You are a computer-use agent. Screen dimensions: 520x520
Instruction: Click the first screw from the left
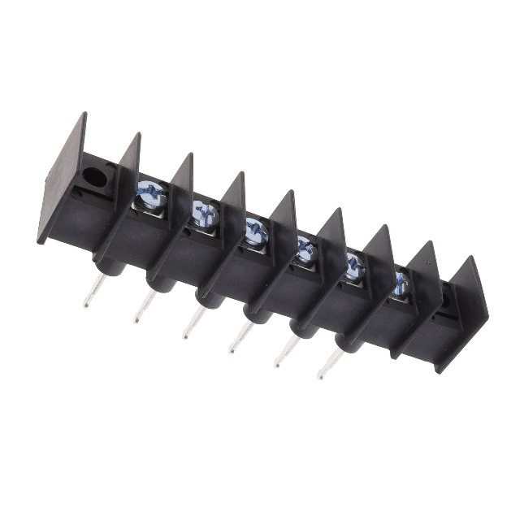pyautogui.click(x=151, y=195)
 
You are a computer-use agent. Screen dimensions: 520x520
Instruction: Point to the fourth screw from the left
pyautogui.click(x=306, y=249)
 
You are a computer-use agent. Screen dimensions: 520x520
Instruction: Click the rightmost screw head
pyautogui.click(x=401, y=284)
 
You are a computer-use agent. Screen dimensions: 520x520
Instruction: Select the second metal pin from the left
pyautogui.click(x=145, y=306)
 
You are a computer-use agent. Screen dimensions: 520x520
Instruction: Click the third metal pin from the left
pyautogui.click(x=193, y=323)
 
